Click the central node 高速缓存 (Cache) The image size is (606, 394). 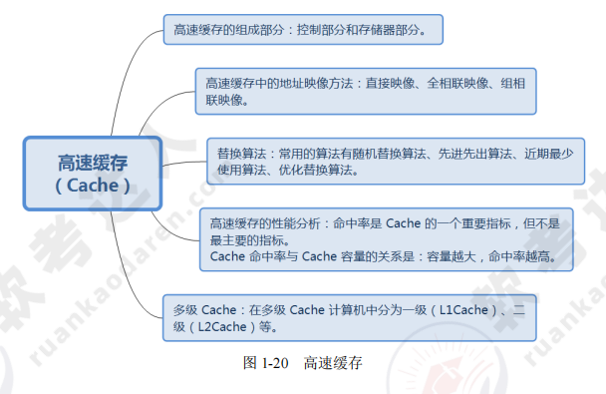pyautogui.click(x=93, y=173)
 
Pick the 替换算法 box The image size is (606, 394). pyautogui.click(x=395, y=161)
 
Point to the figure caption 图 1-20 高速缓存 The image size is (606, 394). pyautogui.click(x=302, y=364)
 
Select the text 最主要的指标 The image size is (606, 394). pyautogui.click(x=243, y=240)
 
